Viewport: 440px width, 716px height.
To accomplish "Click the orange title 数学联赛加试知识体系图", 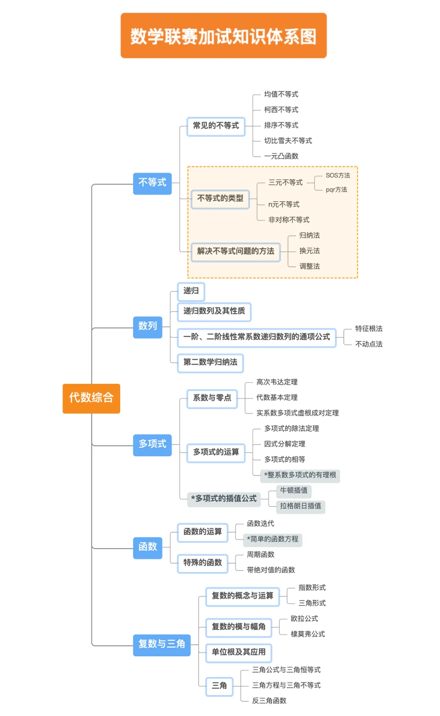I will tap(223, 36).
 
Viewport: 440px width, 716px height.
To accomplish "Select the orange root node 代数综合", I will tap(91, 398).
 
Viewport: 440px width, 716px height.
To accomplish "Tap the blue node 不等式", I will tap(152, 183).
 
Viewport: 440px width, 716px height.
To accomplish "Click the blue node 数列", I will tap(148, 327).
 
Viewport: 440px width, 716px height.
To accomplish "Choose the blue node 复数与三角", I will tap(161, 645).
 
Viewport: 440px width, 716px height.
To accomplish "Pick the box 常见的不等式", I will tap(216, 126).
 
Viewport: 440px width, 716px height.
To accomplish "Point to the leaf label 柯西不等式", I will tap(281, 110).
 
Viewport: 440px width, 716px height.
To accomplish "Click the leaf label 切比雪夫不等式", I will tap(288, 141).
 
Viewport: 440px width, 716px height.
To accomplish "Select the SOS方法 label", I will tap(338, 176).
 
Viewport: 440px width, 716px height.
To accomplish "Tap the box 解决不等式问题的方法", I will tap(235, 251).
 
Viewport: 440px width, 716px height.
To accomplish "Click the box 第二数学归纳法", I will tap(210, 362).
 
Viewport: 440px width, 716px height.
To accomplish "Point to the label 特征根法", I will tap(369, 329).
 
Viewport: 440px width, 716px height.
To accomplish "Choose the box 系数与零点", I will tap(212, 398).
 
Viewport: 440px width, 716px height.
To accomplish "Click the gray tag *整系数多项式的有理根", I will tap(300, 475).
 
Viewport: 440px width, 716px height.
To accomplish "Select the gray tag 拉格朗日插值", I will tap(301, 506).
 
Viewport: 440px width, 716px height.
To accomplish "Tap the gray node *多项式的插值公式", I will tap(224, 499).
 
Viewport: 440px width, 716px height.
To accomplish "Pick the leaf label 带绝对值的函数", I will tap(271, 570).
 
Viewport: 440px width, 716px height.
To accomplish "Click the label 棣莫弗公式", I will tap(308, 634).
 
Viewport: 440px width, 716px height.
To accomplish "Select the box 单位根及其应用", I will tap(239, 652).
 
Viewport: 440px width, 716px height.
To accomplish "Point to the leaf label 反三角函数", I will tap(269, 701).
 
